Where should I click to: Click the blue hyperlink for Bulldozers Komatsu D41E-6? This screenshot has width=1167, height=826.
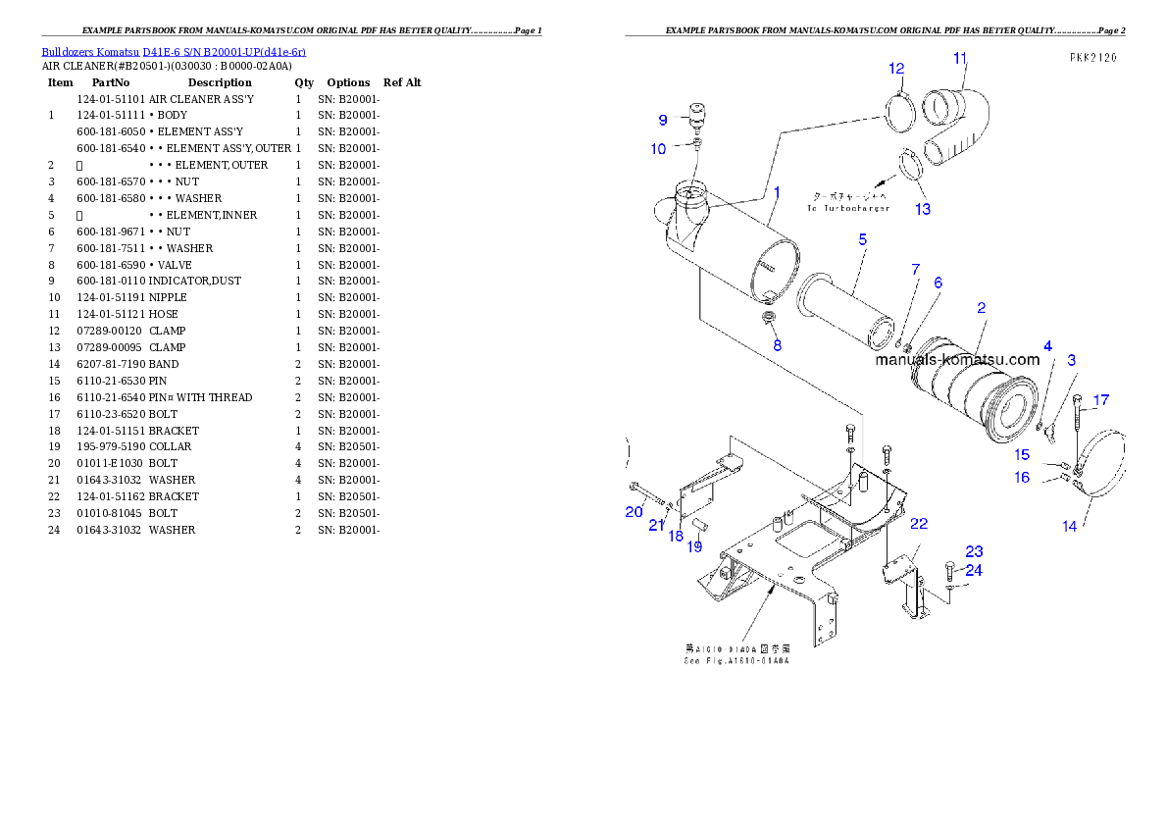[x=174, y=52]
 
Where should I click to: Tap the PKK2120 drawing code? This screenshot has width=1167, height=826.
[x=1093, y=58]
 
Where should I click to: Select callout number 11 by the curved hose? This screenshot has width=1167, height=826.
[x=959, y=57]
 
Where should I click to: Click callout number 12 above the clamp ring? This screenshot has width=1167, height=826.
[x=896, y=68]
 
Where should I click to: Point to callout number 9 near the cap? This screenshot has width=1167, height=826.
[x=663, y=120]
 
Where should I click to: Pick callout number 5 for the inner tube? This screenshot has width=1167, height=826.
[x=862, y=238]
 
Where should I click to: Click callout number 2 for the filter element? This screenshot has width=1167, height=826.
[x=981, y=307]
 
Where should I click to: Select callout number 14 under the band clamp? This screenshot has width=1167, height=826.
[x=1069, y=526]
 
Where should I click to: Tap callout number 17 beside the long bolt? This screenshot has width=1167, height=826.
[x=1101, y=400]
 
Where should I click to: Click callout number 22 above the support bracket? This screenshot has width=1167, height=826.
[x=918, y=524]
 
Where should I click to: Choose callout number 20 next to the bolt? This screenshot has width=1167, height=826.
[x=634, y=511]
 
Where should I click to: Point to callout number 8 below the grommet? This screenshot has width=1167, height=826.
[x=777, y=345]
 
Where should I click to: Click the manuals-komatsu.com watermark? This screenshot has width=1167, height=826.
[x=956, y=359]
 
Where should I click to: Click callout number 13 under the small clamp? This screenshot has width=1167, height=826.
[x=923, y=209]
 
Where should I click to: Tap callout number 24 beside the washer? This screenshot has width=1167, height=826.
[x=973, y=570]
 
